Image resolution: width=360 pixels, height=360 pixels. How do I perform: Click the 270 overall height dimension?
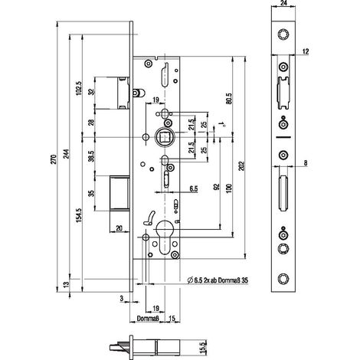pyautogui.click(x=53, y=159)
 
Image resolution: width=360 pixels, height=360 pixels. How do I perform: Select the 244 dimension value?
pyautogui.click(x=66, y=153)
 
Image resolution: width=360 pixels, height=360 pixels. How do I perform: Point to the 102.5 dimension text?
pyautogui.click(x=79, y=88)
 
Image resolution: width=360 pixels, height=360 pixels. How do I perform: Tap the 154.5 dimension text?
pyautogui.click(x=79, y=215)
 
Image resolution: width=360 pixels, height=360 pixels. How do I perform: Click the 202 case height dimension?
pyautogui.click(x=242, y=166)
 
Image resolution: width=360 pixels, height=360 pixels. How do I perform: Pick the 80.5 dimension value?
pyautogui.click(x=229, y=98)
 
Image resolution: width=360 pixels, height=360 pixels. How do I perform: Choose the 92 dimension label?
pyautogui.click(x=216, y=187)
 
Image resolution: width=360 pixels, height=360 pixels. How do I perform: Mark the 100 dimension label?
pyautogui.click(x=229, y=188)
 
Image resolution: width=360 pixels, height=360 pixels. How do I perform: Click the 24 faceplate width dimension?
pyautogui.click(x=283, y=3)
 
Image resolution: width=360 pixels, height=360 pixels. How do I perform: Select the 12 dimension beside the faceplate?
pyautogui.click(x=306, y=51)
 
